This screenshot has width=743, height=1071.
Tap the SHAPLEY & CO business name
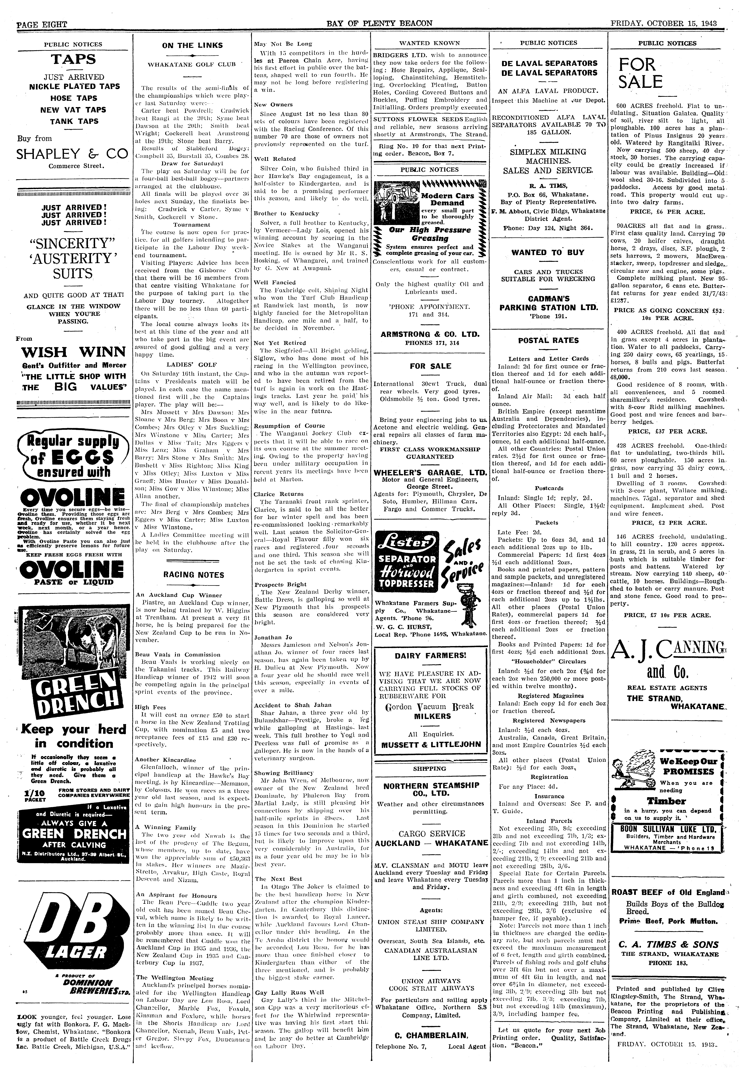[72, 154]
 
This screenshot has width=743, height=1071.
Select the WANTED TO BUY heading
[548, 253]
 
